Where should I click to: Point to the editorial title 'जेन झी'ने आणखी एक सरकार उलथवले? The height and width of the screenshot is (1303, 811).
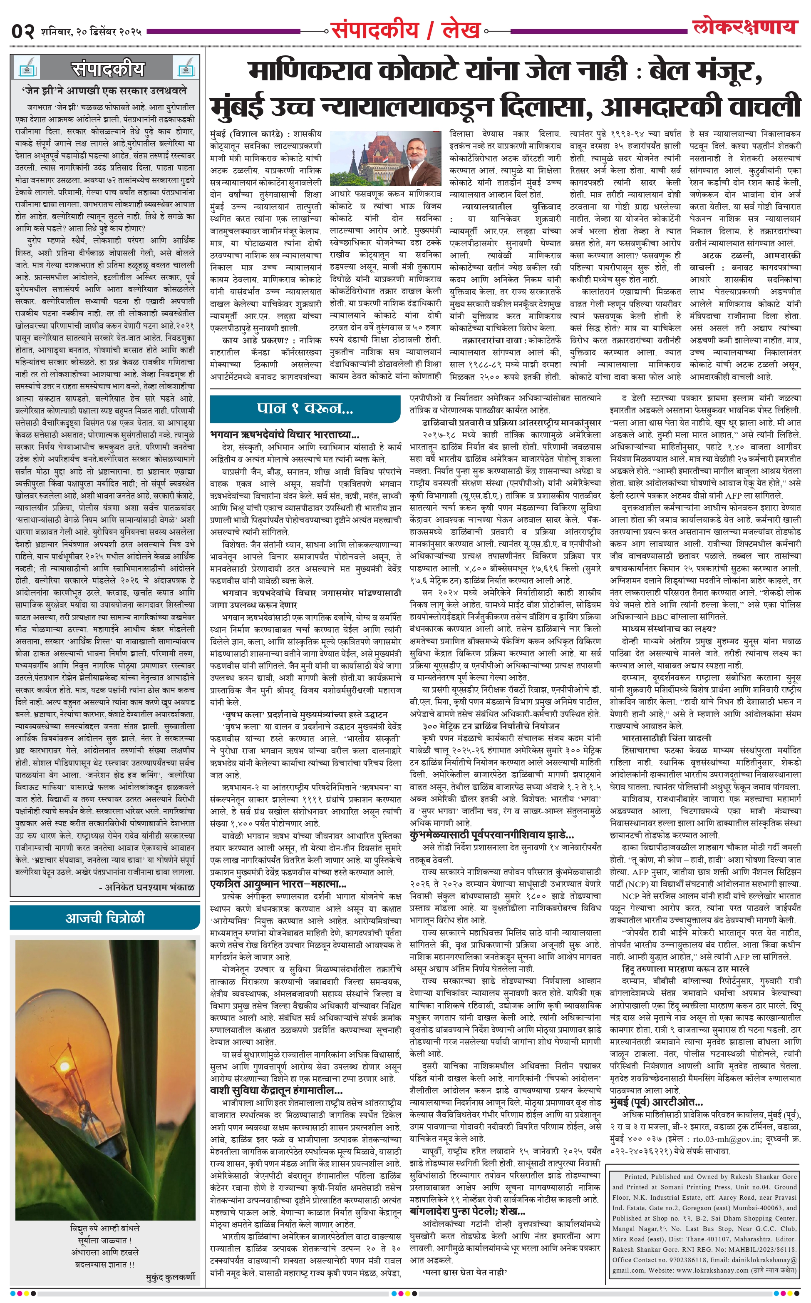coord(105,91)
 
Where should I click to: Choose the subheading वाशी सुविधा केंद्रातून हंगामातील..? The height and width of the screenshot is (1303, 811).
coord(276,1090)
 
